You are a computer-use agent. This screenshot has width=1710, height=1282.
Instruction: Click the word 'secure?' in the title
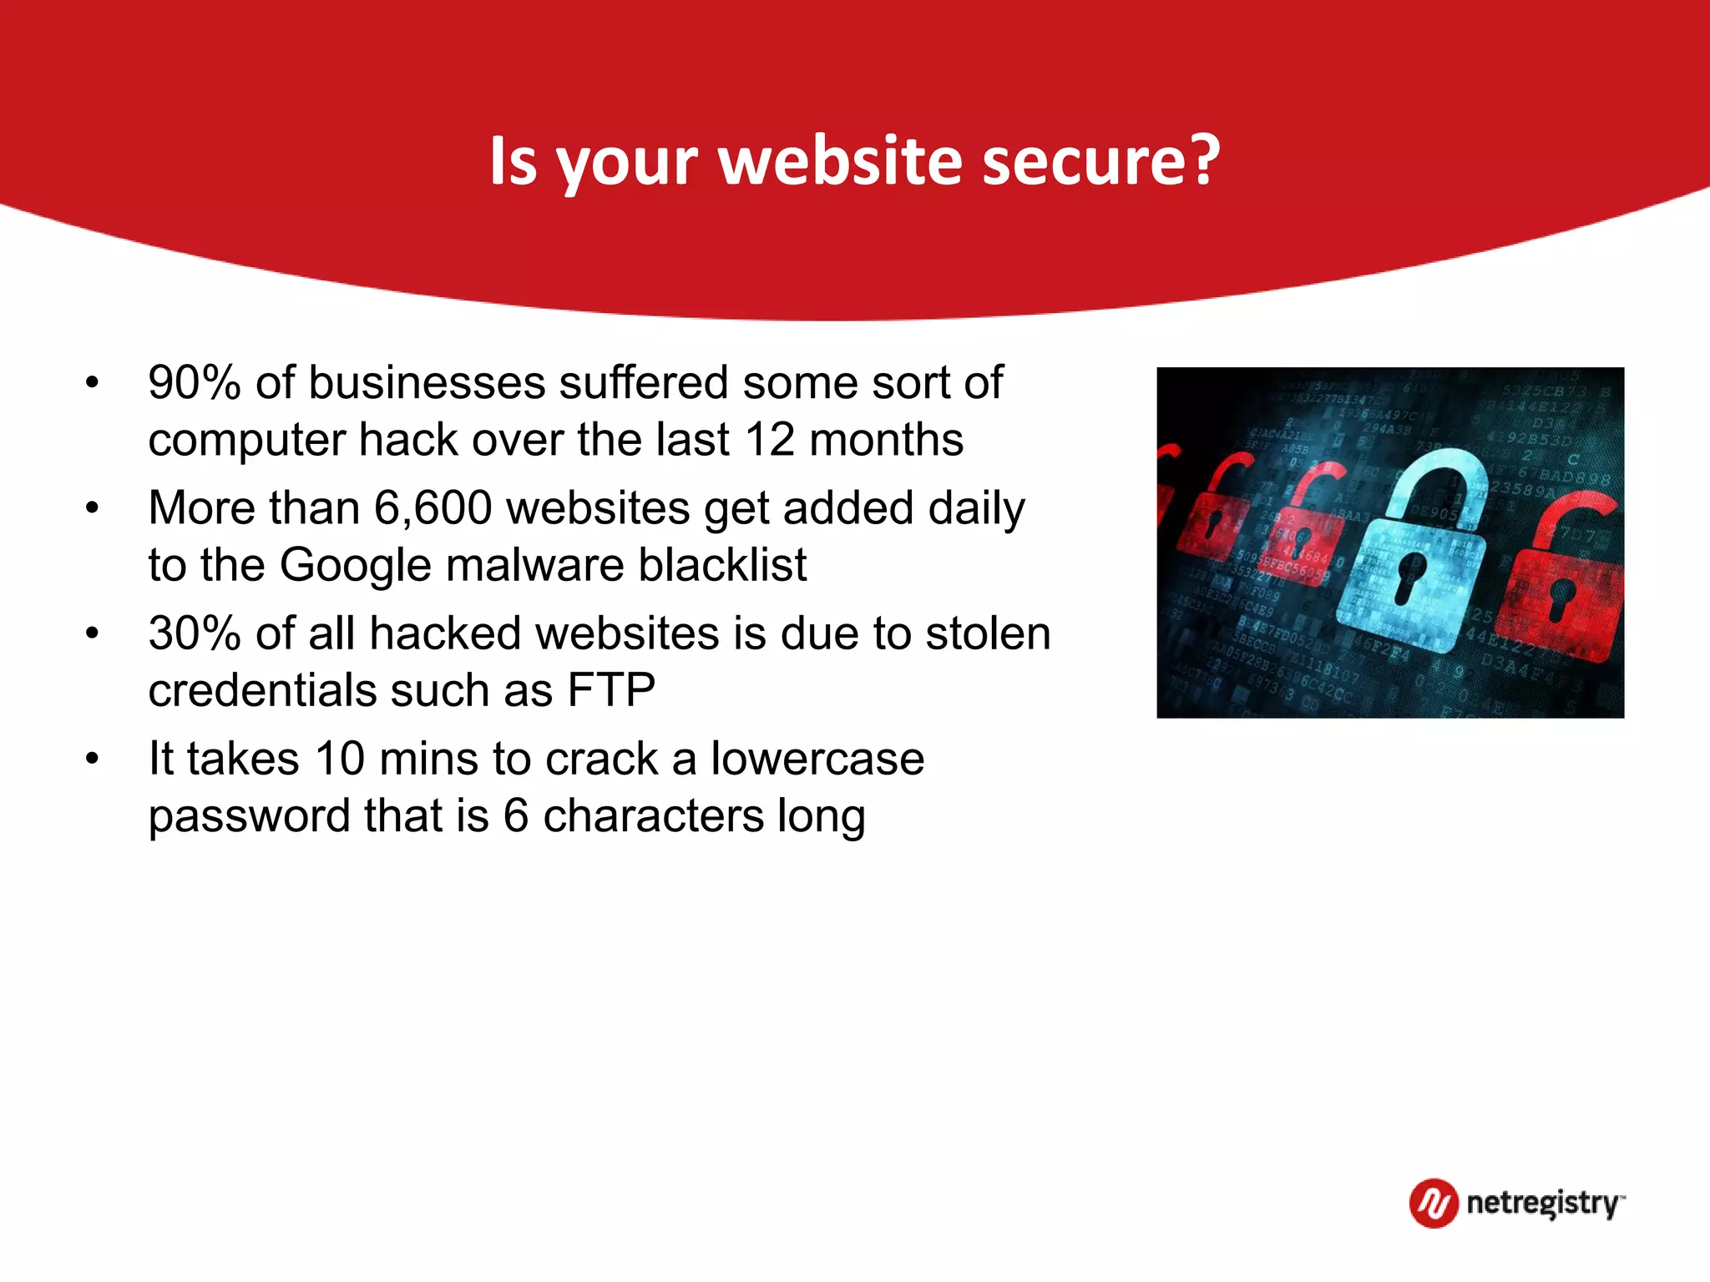[1100, 160]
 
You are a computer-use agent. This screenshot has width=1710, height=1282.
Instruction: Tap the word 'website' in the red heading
[840, 160]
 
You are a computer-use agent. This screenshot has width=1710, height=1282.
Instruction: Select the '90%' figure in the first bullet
[195, 383]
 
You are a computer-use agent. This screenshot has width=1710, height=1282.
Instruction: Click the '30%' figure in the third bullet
[195, 633]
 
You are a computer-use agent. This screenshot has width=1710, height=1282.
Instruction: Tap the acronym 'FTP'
[611, 690]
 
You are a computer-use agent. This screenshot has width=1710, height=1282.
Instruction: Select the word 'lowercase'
[817, 759]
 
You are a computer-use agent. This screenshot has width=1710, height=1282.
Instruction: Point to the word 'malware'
[534, 565]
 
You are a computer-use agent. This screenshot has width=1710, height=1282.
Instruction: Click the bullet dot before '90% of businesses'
[92, 384]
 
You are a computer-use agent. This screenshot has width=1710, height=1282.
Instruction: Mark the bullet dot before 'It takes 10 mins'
[92, 760]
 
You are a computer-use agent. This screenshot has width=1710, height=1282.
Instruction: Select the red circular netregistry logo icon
[1434, 1203]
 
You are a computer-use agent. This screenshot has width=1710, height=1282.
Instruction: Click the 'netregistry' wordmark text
[1543, 1204]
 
